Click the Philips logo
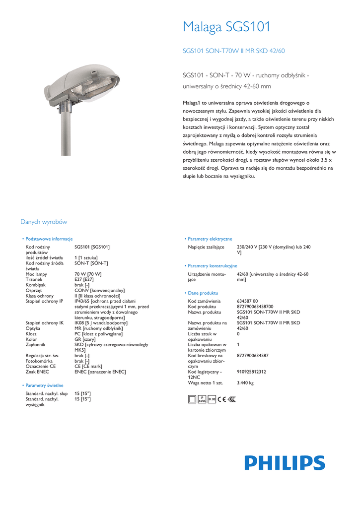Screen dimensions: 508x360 pyautogui.click(x=285, y=463)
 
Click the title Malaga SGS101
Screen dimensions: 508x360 pyautogui.click(x=226, y=27)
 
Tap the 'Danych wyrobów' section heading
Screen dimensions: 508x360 pyautogui.click(x=44, y=222)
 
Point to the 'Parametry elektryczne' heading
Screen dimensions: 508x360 pyautogui.click(x=210, y=239)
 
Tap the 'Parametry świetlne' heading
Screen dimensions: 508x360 pyautogui.click(x=44, y=385)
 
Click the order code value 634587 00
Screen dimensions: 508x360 pyautogui.click(x=248, y=301)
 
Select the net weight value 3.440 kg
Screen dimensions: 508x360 pyautogui.click(x=245, y=383)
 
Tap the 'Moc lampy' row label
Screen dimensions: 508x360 pyautogui.click(x=36, y=274)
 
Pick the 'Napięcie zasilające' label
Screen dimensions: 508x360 pyautogui.click(x=206, y=247)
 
